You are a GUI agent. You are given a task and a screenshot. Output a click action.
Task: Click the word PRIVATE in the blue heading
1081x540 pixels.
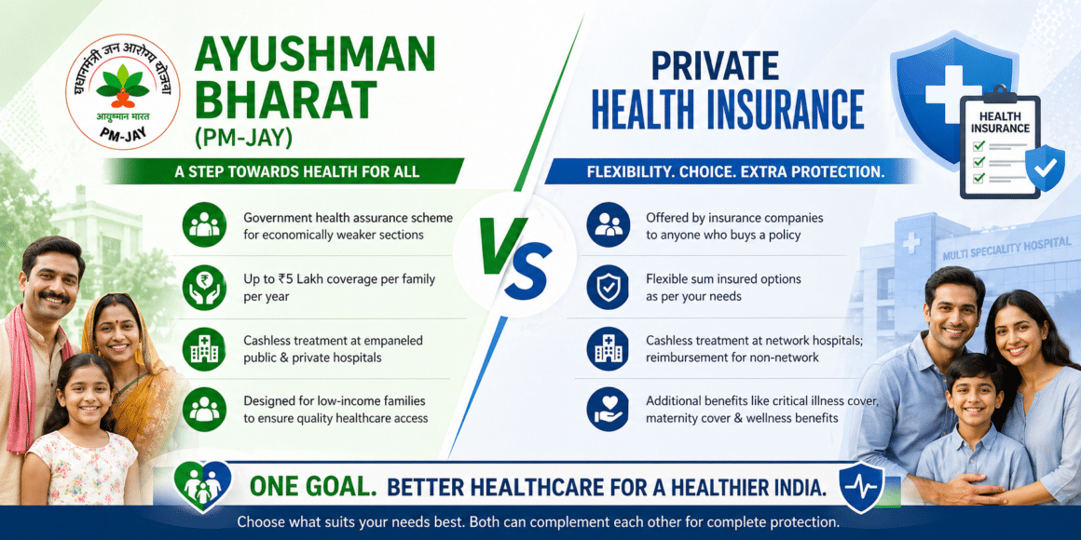715,66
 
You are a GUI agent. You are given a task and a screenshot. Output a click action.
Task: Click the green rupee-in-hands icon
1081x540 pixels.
204,287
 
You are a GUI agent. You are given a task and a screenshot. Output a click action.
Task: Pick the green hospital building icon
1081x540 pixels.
204,348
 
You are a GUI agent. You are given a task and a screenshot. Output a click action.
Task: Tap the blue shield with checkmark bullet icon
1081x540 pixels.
608,287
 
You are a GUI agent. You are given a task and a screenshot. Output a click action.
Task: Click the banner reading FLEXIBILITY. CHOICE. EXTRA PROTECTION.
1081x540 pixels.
735,172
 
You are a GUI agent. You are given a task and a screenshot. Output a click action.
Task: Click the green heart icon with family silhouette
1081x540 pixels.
202,484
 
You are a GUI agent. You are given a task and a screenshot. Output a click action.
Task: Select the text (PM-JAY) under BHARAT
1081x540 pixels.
243,137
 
